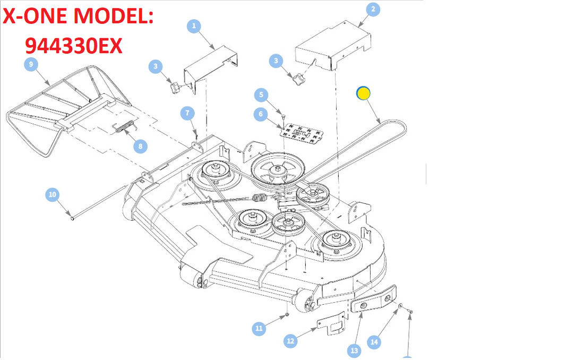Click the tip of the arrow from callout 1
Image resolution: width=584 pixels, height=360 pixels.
pyautogui.click(x=214, y=49)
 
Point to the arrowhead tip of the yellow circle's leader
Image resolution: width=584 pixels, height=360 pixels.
pyautogui.click(x=380, y=124)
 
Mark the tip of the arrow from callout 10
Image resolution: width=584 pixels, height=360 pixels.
pyautogui.click(x=72, y=218)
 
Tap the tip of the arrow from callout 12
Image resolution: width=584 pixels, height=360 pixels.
pyautogui.click(x=317, y=328)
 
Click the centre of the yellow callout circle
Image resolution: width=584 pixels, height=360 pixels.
pyautogui.click(x=363, y=93)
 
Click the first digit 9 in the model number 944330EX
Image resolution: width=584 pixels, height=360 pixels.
pyautogui.click(x=32, y=46)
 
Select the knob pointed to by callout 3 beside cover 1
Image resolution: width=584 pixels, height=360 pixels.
pyautogui.click(x=175, y=88)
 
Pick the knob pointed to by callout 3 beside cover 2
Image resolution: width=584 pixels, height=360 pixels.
pyautogui.click(x=299, y=79)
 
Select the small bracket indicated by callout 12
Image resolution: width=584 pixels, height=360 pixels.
pyautogui.click(x=331, y=324)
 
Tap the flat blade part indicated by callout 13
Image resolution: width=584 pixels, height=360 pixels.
pyautogui.click(x=374, y=299)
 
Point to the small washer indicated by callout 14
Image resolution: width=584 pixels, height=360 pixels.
pyautogui.click(x=400, y=306)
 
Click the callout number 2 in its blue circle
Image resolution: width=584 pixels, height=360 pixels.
pyautogui.click(x=373, y=10)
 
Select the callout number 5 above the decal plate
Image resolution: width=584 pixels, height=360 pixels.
pyautogui.click(x=261, y=95)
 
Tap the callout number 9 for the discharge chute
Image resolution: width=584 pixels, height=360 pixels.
pyautogui.click(x=31, y=64)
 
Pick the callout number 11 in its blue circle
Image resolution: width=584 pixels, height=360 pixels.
pyautogui.click(x=259, y=328)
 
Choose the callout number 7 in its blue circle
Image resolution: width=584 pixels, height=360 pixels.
pyautogui.click(x=187, y=113)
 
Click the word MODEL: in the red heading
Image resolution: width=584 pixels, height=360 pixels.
pyautogui.click(x=113, y=16)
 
